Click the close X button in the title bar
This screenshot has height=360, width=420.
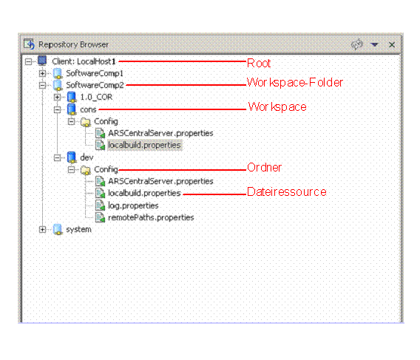coord(392,45)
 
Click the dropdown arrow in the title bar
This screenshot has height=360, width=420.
coord(374,44)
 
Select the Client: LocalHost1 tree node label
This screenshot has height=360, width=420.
coord(84,61)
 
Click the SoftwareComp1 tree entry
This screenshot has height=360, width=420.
coord(95,73)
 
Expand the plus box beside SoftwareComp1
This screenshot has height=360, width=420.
coord(42,73)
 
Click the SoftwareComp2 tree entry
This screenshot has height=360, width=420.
coord(95,85)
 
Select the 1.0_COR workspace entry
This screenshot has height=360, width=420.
coord(96,97)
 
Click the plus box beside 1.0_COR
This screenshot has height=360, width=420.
coord(57,97)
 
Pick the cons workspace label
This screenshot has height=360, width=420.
coord(88,109)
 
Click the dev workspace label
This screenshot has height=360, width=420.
coord(87,157)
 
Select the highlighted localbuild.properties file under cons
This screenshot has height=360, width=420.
coord(144,145)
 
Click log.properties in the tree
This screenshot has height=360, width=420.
coord(133,206)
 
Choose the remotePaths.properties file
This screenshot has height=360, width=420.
coord(151,217)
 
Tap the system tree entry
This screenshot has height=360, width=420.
coord(78,230)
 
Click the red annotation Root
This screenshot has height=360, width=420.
coord(259,64)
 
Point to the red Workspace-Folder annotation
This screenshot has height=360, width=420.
coord(294,83)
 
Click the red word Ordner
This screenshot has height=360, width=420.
coord(264,168)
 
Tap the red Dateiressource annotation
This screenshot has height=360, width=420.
coord(287,192)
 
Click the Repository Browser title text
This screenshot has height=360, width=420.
coord(73,45)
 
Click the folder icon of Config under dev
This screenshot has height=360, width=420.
coord(86,170)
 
